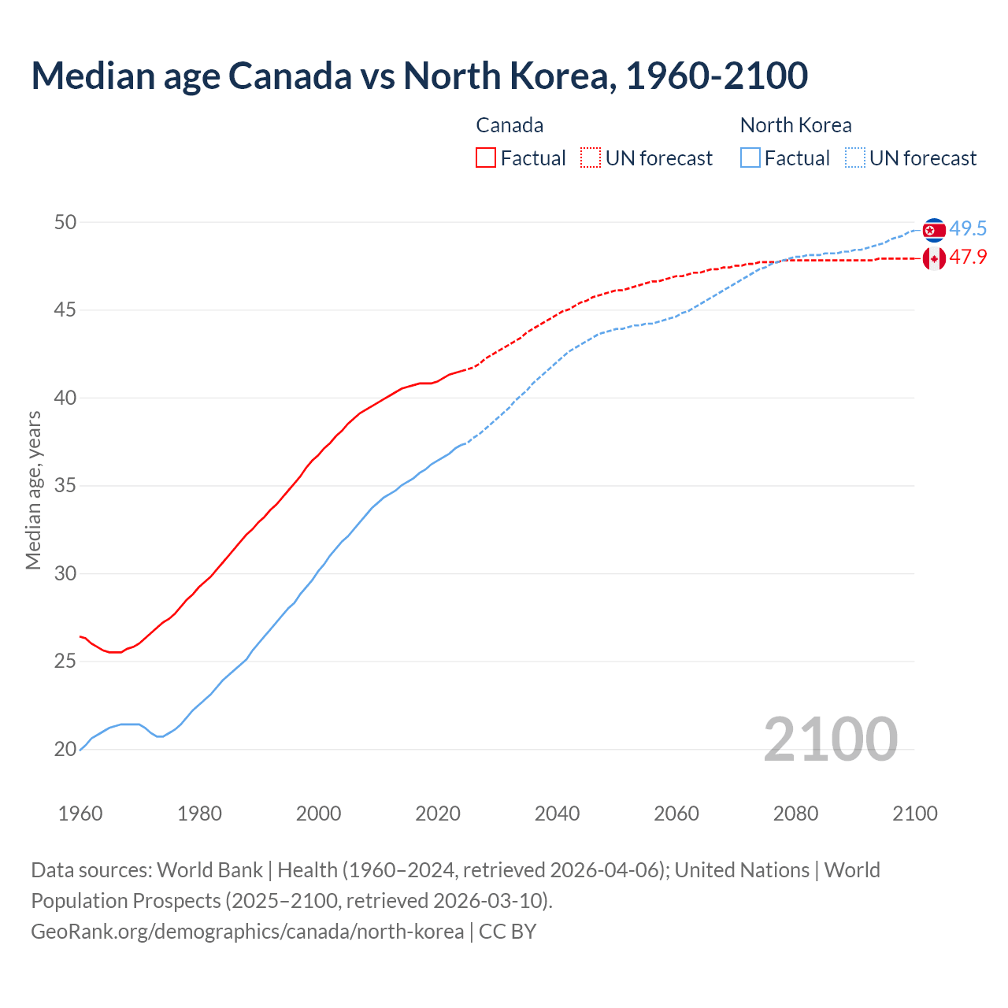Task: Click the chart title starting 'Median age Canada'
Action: (x=419, y=76)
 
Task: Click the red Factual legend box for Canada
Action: (x=486, y=157)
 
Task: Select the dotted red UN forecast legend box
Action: (x=591, y=157)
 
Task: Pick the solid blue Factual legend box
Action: (x=750, y=157)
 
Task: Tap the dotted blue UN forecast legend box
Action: (x=855, y=157)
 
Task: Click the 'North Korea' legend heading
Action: (x=795, y=125)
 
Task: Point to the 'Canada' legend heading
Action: (x=510, y=125)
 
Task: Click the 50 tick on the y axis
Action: (x=65, y=222)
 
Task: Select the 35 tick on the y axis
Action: (x=65, y=486)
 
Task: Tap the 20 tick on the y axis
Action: (x=65, y=750)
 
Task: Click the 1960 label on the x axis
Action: (x=80, y=813)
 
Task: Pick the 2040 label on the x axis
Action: (x=557, y=813)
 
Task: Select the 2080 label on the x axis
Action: (x=795, y=813)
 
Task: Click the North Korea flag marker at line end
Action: (x=934, y=230)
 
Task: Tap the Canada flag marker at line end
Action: (x=934, y=258)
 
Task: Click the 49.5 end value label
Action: (x=968, y=229)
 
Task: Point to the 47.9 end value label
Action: (x=968, y=258)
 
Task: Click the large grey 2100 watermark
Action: (x=830, y=739)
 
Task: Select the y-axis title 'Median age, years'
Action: (x=33, y=490)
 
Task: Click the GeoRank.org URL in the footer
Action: (x=247, y=932)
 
